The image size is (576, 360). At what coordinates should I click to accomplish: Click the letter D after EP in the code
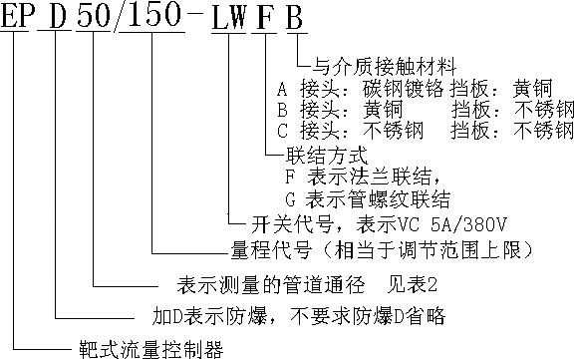click(x=56, y=17)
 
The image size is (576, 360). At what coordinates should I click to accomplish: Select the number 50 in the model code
click(x=100, y=17)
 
